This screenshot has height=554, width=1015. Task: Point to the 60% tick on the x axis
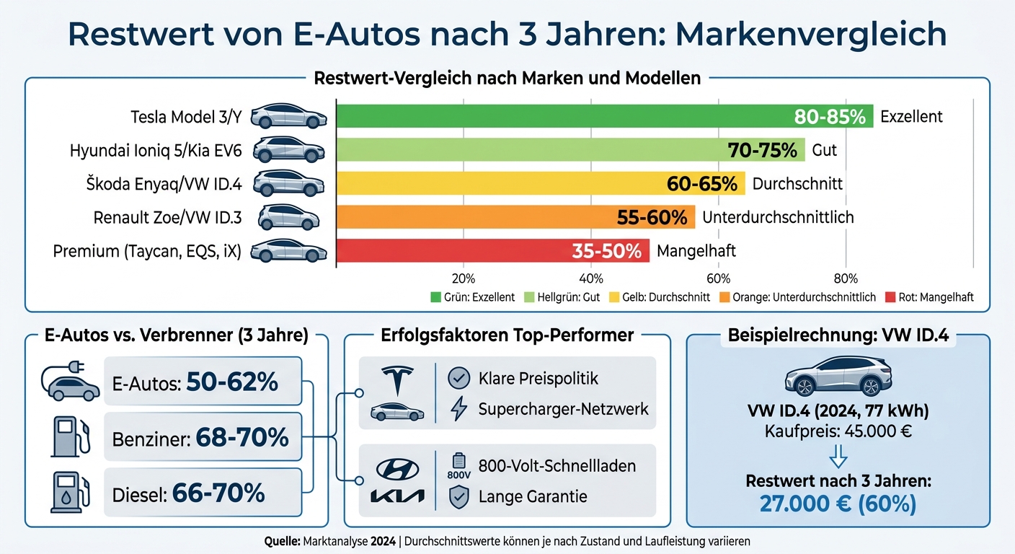coord(719,278)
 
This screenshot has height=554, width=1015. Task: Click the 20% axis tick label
coord(463,278)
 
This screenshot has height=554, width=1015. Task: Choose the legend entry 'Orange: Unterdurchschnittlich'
coord(793,297)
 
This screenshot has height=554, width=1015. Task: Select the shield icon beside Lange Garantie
coord(458,496)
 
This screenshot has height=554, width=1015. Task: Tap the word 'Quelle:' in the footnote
coord(281,540)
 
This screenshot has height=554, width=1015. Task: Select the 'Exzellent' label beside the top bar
coord(911,116)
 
